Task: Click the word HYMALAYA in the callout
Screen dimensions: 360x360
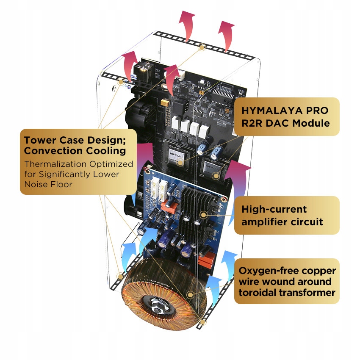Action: [269, 111]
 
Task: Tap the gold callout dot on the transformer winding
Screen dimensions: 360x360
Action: [191, 294]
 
